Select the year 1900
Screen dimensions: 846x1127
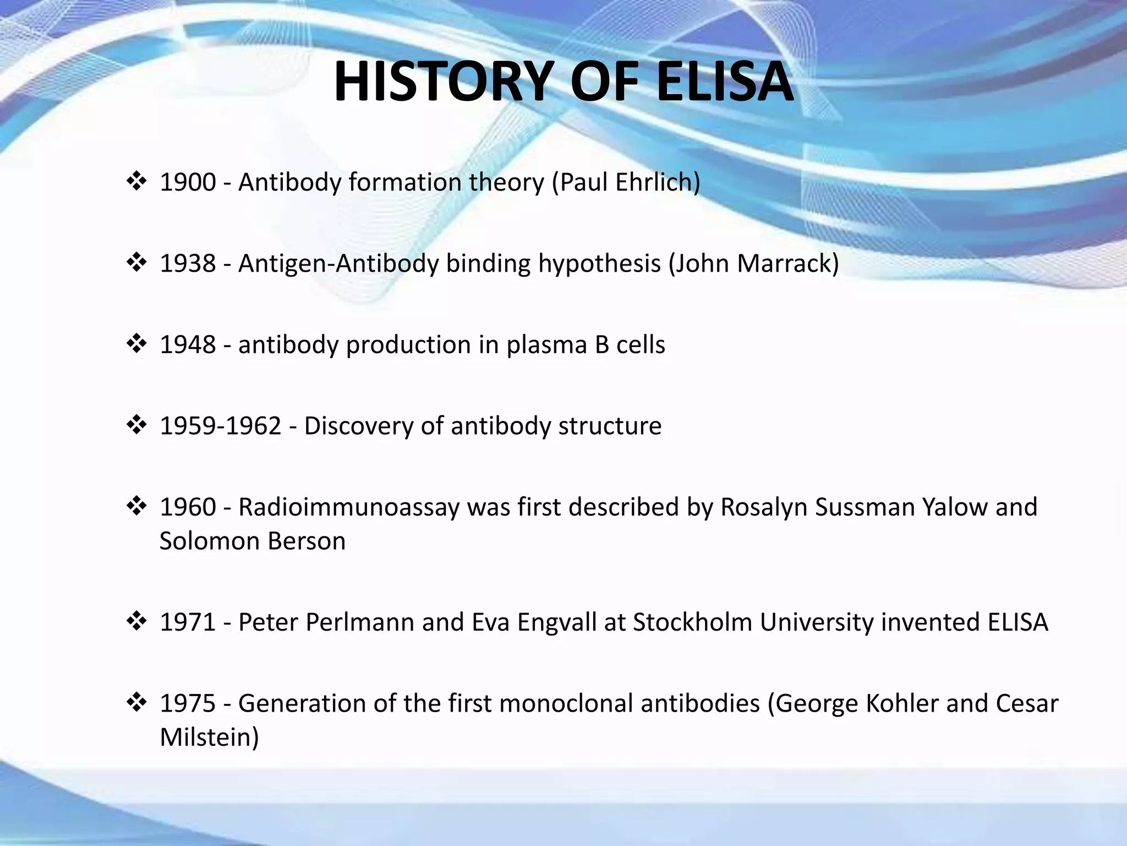pos(188,182)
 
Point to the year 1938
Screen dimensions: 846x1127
pos(188,263)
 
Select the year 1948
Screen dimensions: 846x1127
pos(188,345)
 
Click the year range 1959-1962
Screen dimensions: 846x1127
pos(220,426)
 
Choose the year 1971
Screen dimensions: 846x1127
pos(188,622)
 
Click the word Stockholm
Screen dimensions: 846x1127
pos(692,622)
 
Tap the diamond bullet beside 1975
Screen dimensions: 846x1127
pos(136,702)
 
